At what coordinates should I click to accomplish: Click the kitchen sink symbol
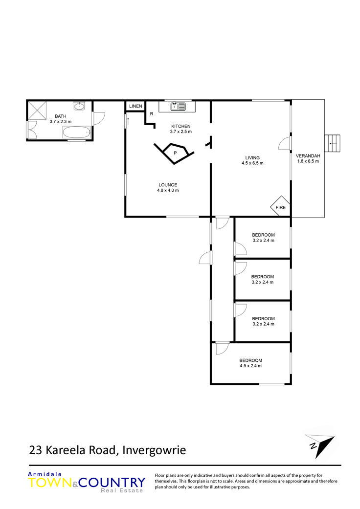(x=178, y=106)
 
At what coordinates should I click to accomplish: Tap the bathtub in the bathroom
(x=76, y=133)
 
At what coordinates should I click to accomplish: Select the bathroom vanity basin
(x=79, y=106)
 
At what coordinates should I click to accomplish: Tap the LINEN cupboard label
(x=135, y=106)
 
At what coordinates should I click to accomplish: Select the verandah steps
(x=333, y=143)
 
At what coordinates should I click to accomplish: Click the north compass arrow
(x=320, y=446)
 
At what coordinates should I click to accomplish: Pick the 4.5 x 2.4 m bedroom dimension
(x=250, y=366)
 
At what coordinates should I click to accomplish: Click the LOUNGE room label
(x=168, y=185)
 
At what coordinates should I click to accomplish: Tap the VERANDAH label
(x=308, y=156)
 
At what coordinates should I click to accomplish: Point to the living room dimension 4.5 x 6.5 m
(x=252, y=163)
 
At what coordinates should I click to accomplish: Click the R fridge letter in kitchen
(x=152, y=114)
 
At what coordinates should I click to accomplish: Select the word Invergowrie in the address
(x=154, y=450)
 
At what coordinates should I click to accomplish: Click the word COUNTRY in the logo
(x=112, y=483)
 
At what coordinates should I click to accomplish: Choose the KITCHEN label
(x=181, y=126)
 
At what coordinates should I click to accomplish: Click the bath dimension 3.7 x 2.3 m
(x=61, y=122)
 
